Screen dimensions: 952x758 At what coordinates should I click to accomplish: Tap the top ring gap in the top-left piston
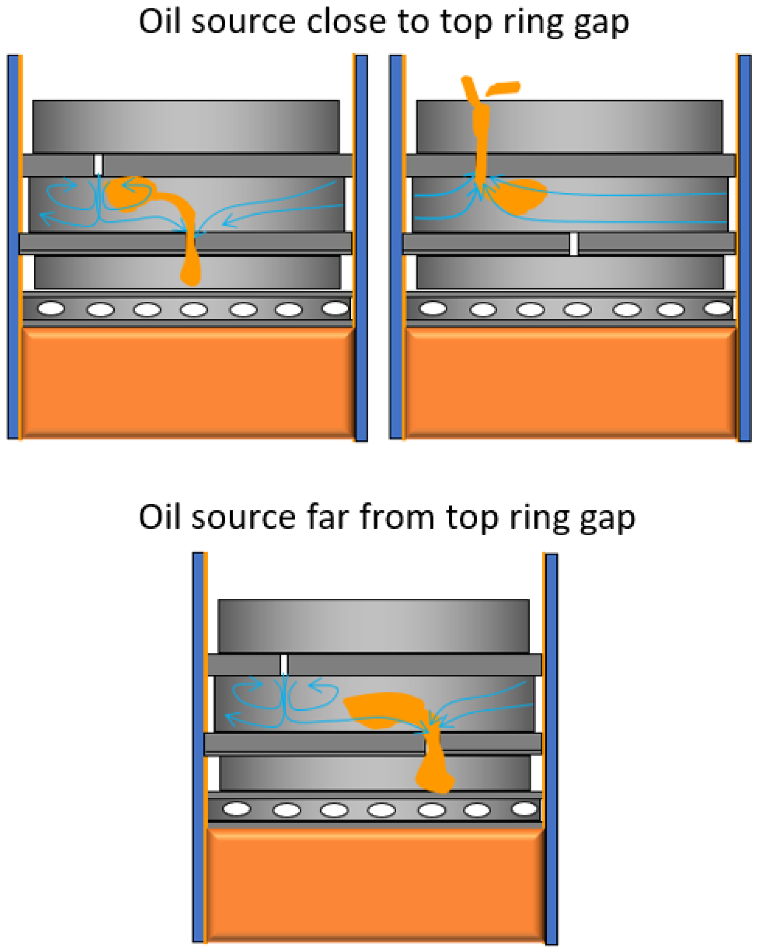[98, 165]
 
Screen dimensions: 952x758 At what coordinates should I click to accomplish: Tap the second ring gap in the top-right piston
[573, 244]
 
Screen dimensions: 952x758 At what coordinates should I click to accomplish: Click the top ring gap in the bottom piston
[284, 665]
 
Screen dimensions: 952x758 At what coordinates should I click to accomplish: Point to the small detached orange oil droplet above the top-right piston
[503, 89]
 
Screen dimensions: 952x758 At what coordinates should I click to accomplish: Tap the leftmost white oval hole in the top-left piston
[51, 308]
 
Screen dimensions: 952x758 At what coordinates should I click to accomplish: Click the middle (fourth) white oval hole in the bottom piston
[381, 810]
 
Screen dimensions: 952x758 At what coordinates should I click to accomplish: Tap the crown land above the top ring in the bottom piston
[373, 625]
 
